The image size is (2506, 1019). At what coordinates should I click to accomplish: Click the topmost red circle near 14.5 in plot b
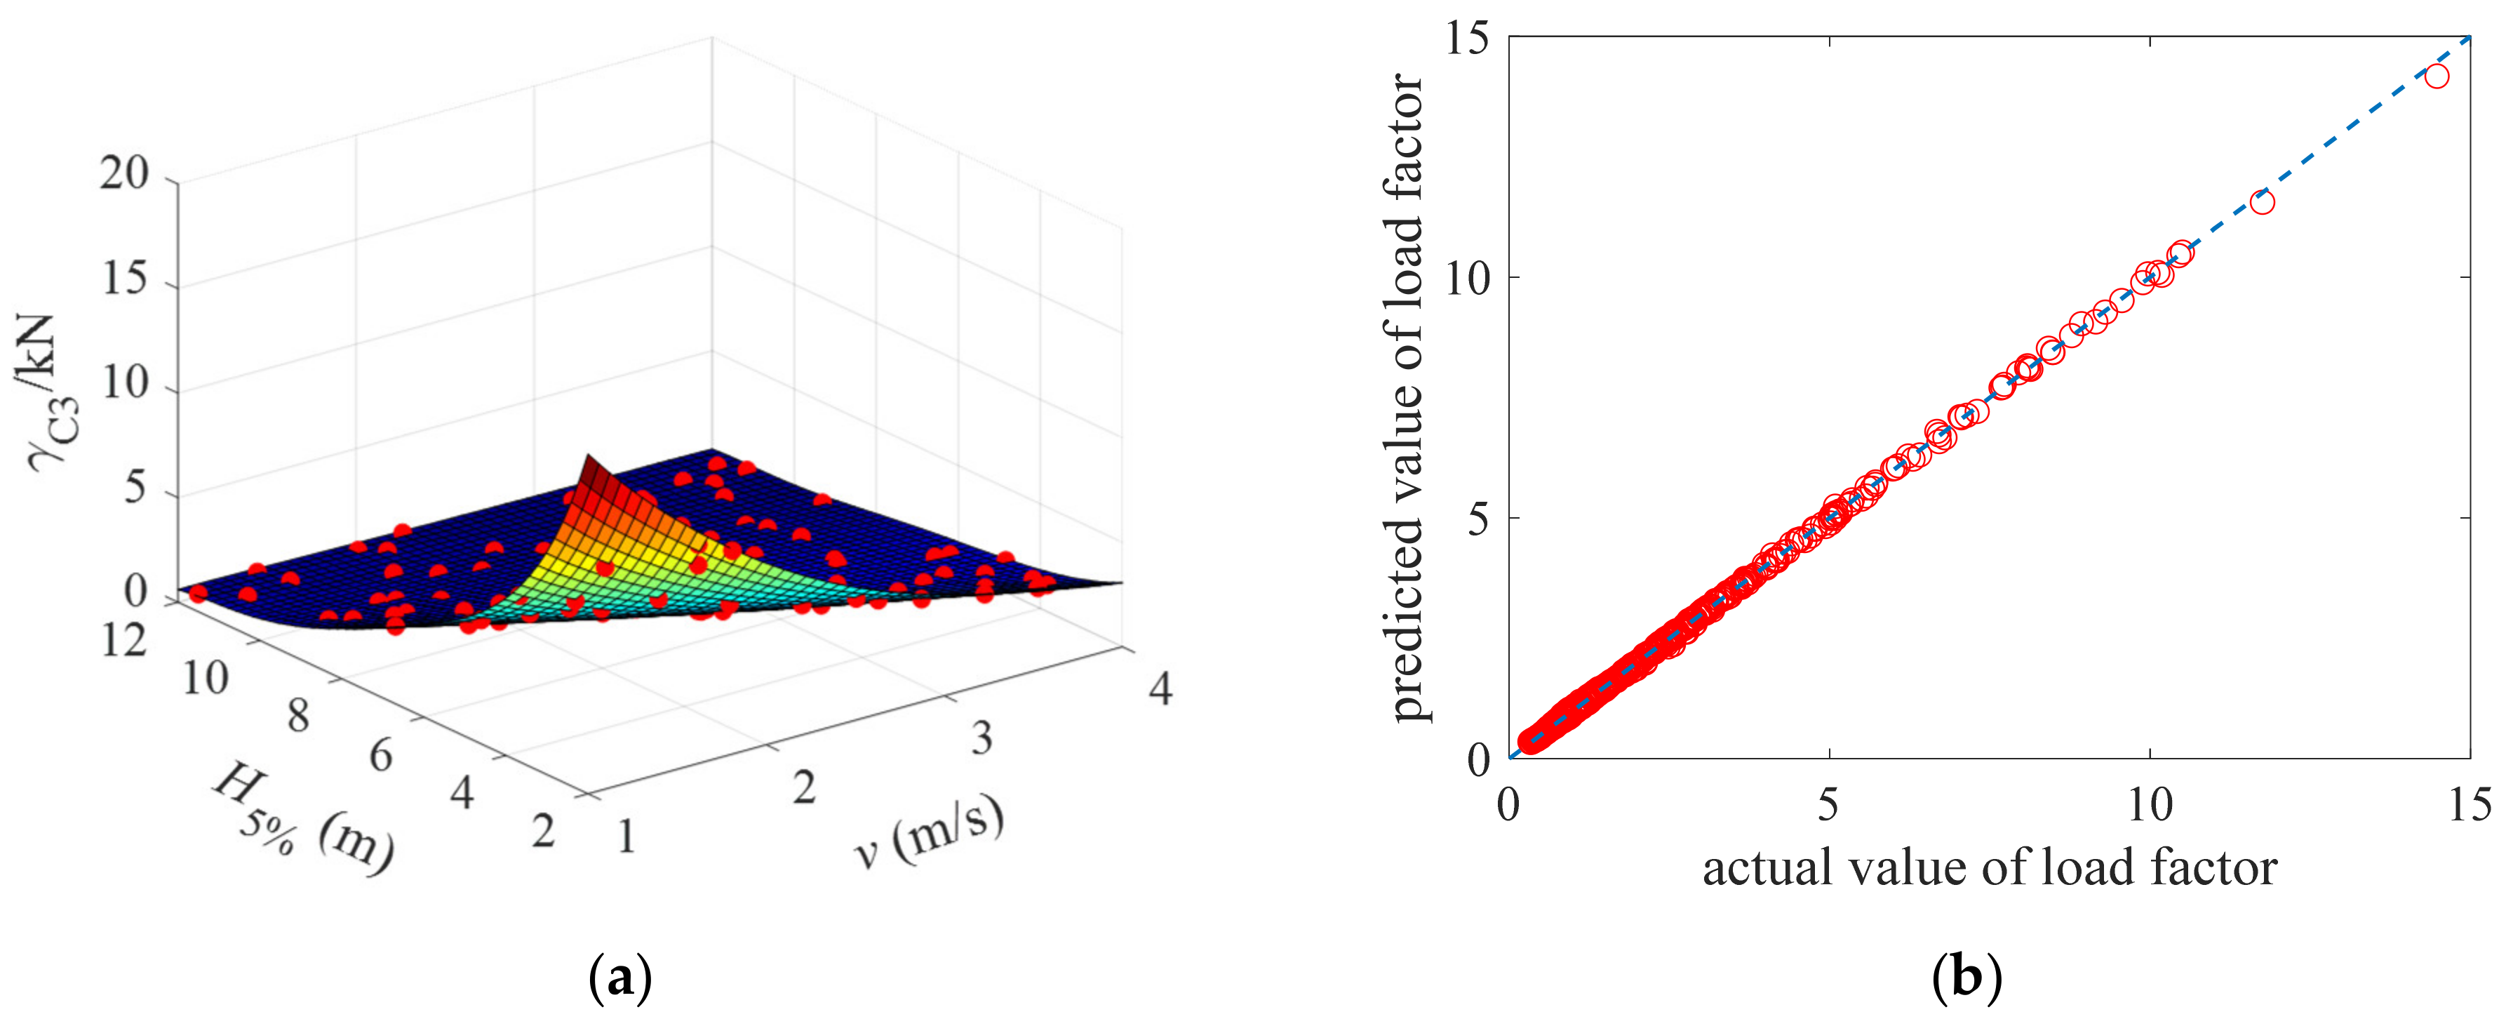[2436, 76]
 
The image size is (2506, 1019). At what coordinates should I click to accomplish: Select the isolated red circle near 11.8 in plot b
[2262, 202]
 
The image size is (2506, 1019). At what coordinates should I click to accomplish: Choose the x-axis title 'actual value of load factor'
[1990, 867]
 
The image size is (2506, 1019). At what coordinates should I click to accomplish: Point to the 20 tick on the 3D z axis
[123, 175]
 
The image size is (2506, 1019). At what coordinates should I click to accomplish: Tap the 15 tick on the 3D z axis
[123, 279]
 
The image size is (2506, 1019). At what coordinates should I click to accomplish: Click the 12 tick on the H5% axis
[123, 641]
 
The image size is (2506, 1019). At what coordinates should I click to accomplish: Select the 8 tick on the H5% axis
[297, 717]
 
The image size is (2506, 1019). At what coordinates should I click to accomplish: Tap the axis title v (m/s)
[929, 833]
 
